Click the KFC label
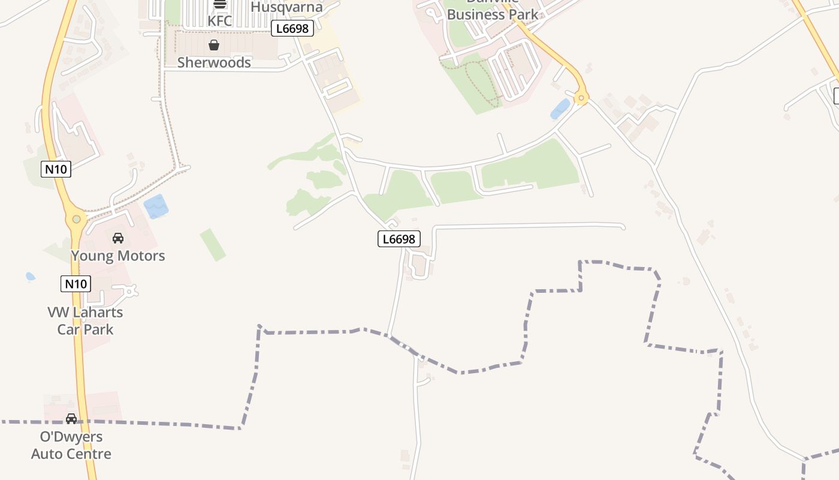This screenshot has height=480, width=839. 219,21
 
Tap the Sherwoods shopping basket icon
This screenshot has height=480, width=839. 214,45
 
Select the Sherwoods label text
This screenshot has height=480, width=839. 214,62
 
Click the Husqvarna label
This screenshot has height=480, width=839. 286,7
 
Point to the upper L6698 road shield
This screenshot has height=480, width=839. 292,28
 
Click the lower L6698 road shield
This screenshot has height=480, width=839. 399,239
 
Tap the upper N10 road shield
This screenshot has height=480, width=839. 56,169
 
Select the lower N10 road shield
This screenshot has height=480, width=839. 76,284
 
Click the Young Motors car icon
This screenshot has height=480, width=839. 118,238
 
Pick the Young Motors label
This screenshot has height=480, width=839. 118,256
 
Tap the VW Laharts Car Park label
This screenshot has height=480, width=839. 85,321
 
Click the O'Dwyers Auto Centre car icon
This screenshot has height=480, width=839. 71,419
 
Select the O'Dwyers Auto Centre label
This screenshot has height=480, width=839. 71,445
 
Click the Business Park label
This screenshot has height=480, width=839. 493,13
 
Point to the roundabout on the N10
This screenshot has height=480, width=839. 76,219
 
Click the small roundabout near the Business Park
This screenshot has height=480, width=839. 580,97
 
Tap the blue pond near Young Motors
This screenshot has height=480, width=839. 156,206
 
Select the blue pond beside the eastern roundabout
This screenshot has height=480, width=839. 560,109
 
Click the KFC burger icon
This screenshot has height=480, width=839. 220,4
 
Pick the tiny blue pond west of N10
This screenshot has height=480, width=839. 30,277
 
